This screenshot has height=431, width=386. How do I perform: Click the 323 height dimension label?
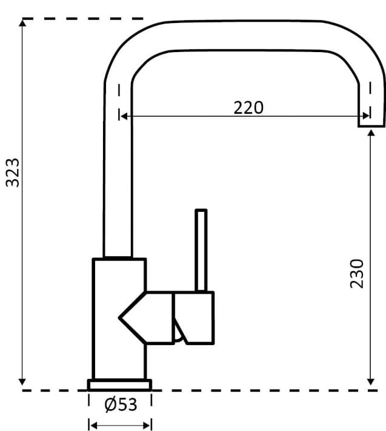[x=13, y=173]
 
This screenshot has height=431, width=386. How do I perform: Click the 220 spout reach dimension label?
[x=248, y=107]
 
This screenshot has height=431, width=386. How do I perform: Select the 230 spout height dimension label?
[x=358, y=273]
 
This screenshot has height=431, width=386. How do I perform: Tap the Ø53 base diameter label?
[x=121, y=405]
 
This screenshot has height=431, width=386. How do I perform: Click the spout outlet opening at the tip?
[x=371, y=125]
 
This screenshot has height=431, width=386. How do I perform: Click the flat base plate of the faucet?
[x=120, y=384]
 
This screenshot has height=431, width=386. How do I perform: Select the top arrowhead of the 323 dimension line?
[x=22, y=23]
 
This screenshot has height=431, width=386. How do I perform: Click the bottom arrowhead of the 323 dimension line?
[x=22, y=381]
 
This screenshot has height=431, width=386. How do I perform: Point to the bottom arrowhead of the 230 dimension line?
[x=371, y=381]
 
